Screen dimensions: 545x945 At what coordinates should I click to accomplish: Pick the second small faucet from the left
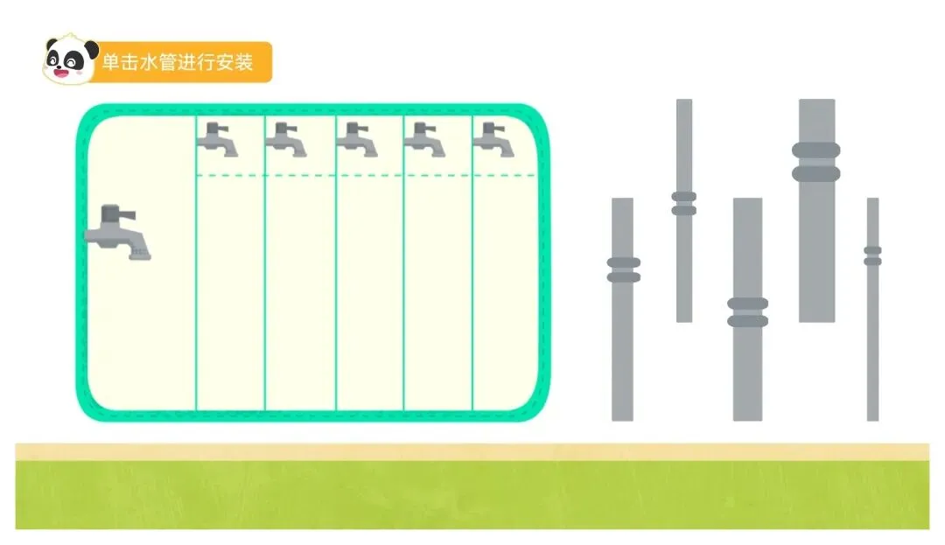coord(286,139)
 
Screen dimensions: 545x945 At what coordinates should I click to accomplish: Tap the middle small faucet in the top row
coord(357,139)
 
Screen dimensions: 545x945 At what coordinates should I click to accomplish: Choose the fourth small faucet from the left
coord(425,139)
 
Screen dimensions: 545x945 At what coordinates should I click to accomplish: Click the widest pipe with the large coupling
coord(816,245)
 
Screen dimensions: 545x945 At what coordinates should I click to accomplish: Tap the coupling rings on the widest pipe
coord(816,162)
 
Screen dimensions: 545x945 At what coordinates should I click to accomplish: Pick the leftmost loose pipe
coord(622,350)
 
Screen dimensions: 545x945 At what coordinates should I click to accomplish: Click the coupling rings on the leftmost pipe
coord(623,269)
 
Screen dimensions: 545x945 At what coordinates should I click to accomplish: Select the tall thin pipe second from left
coord(684,262)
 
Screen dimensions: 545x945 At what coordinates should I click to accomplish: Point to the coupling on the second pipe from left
coord(684,203)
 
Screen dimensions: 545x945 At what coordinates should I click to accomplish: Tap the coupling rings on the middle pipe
coord(747,312)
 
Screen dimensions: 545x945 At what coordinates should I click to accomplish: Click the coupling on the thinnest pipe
coord(872,255)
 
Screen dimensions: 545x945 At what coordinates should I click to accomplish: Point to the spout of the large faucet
coord(138,252)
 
